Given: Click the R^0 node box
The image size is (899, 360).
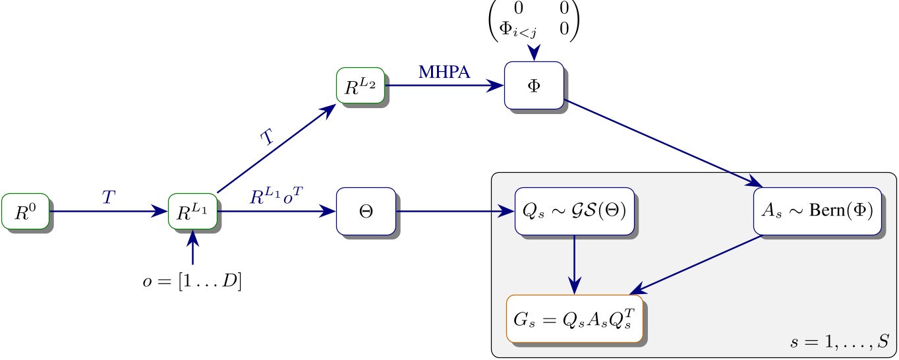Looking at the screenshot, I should [x=25, y=212].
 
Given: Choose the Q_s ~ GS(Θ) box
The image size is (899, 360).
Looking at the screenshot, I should [x=574, y=212].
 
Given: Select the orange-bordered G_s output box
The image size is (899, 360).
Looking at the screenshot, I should [x=574, y=319].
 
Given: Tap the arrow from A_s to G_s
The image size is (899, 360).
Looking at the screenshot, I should [x=699, y=264].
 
